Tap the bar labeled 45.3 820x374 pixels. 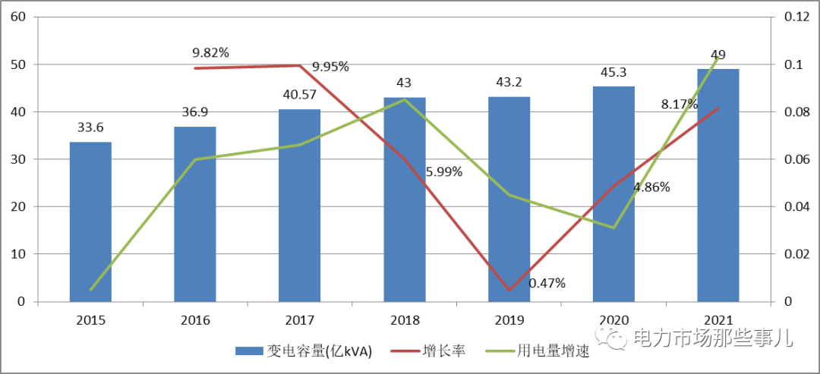pyautogui.click(x=613, y=194)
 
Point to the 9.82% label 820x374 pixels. pyautogui.click(x=210, y=52)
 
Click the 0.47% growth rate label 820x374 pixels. pyautogui.click(x=547, y=283)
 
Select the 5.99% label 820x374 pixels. pyautogui.click(x=444, y=171)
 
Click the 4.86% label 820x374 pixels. pyautogui.click(x=651, y=187)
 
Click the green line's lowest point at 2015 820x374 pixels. pyautogui.click(x=91, y=290)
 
